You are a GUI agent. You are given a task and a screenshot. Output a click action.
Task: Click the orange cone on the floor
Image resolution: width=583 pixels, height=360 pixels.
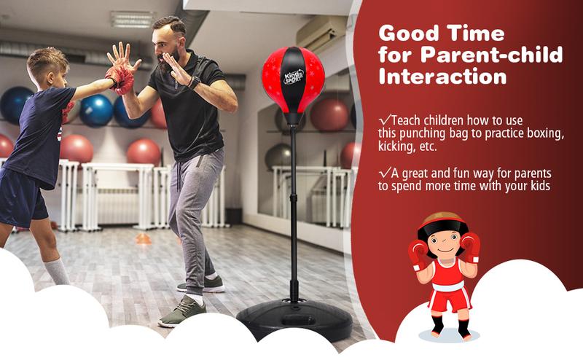143,238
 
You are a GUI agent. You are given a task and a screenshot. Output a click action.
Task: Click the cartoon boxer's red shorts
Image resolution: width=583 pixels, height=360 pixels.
445,299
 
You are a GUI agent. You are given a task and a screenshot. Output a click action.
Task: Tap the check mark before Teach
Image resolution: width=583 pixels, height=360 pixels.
383,120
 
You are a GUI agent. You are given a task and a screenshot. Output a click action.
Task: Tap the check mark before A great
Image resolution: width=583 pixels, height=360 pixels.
383,173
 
